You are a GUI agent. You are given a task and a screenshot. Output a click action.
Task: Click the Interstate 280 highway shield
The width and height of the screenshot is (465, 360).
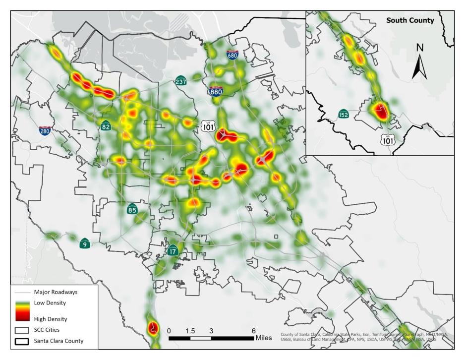(45, 130)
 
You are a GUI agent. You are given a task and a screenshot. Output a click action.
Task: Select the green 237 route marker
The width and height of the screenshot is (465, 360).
(181, 81)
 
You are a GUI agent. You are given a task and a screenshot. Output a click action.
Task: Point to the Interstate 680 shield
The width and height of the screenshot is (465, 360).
(232, 55)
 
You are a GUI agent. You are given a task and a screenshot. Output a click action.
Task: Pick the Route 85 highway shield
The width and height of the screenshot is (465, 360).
(132, 208)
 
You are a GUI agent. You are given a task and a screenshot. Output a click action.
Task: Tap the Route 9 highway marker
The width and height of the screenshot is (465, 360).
(85, 243)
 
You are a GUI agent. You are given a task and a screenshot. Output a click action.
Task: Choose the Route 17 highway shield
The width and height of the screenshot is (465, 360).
(173, 250)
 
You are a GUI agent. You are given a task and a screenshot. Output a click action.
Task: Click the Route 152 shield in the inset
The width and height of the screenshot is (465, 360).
(344, 114)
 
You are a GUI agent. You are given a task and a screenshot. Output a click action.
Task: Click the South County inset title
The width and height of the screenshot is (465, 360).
(410, 20)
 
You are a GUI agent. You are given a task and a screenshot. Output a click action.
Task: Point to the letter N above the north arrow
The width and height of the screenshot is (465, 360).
(420, 48)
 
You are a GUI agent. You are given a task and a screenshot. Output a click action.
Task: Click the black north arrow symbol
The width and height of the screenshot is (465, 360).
(420, 67)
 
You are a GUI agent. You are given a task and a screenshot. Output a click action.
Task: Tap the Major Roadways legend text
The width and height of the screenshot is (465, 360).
(56, 292)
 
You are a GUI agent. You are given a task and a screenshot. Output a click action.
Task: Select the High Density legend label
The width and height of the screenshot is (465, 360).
(50, 319)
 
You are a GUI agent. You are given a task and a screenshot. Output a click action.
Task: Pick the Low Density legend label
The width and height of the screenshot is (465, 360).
(50, 302)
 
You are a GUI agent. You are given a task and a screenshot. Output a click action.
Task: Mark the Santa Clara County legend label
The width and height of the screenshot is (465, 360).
(58, 341)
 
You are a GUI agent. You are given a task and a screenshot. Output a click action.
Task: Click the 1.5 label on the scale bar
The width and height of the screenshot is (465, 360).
(190, 331)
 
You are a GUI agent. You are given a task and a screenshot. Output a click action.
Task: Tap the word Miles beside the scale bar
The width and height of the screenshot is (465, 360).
(264, 338)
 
